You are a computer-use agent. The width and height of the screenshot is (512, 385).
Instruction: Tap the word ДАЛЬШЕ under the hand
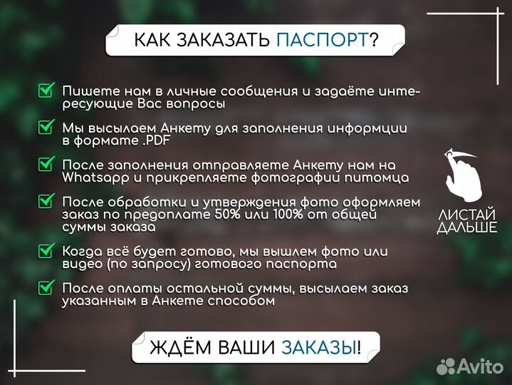point(467,228)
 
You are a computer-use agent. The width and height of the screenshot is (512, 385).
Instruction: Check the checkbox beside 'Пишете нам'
point(46,91)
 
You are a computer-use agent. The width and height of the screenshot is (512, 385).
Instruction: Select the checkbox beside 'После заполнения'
point(46,164)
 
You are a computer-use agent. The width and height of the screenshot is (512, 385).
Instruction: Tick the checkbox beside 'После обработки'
point(46,202)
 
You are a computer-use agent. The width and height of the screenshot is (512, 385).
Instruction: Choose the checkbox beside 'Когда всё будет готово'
point(46,251)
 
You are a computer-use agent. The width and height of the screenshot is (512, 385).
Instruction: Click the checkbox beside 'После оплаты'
point(46,288)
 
